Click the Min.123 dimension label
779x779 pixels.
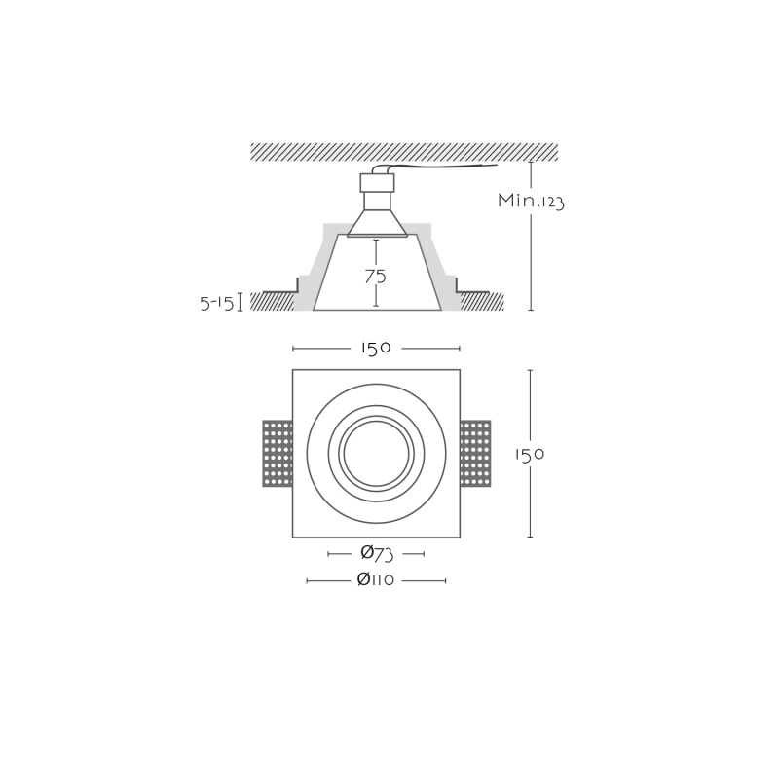point(531,202)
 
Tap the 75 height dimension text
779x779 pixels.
point(375,277)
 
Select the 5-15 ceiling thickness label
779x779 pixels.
point(216,303)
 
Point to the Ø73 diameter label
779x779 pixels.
point(377,553)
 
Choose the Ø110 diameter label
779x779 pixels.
point(376,579)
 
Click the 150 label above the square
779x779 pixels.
point(376,349)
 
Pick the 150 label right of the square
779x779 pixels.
point(530,454)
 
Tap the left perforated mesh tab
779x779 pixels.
point(278,454)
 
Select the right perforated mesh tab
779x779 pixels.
point(475,454)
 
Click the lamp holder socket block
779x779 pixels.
point(377,182)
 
